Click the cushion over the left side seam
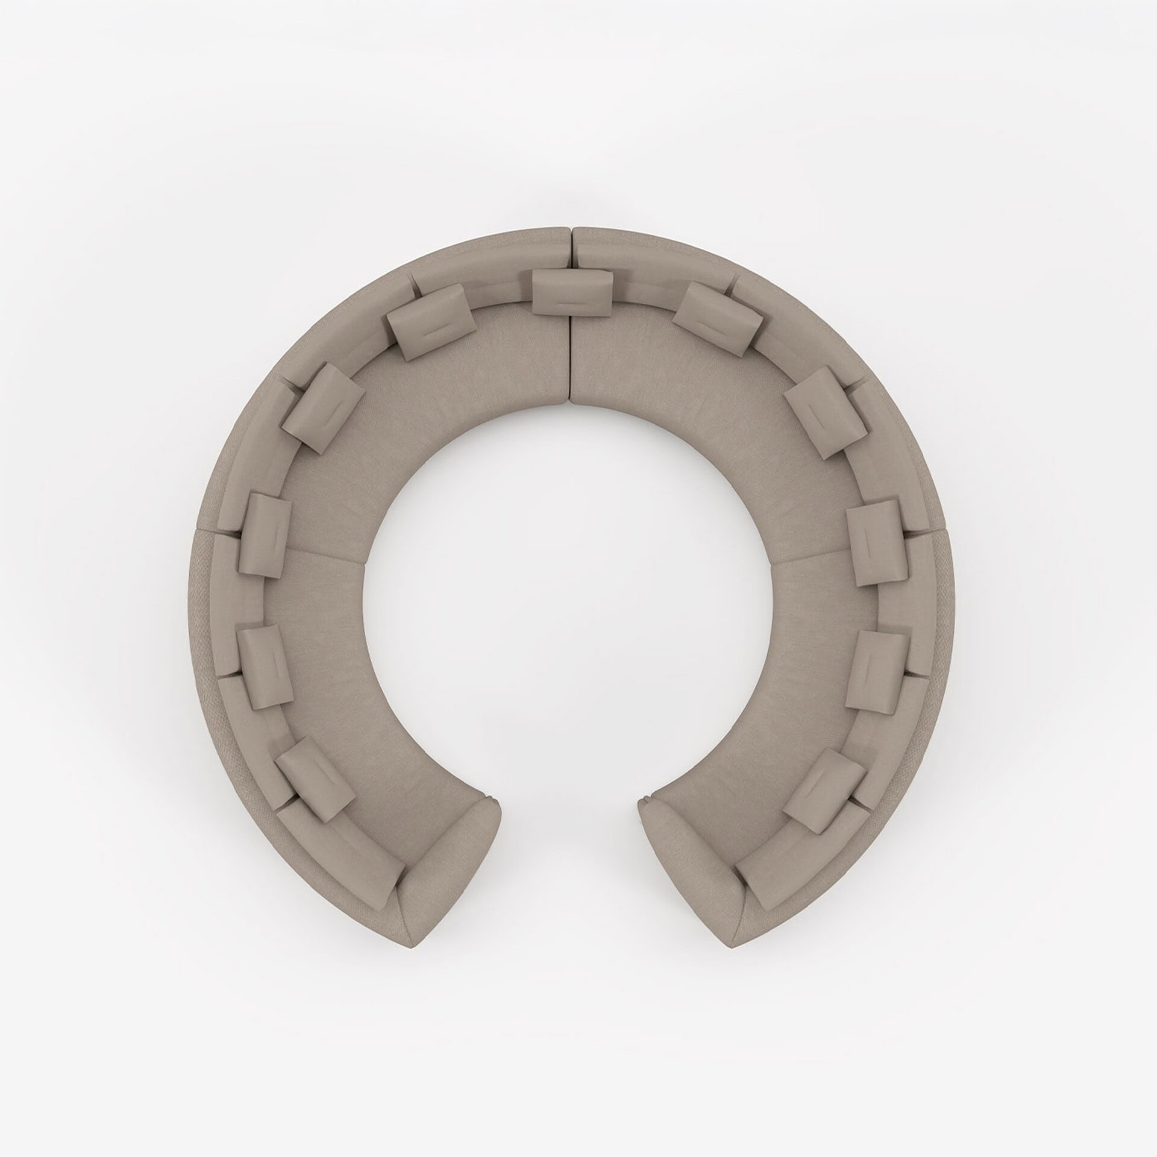[x=265, y=533]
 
